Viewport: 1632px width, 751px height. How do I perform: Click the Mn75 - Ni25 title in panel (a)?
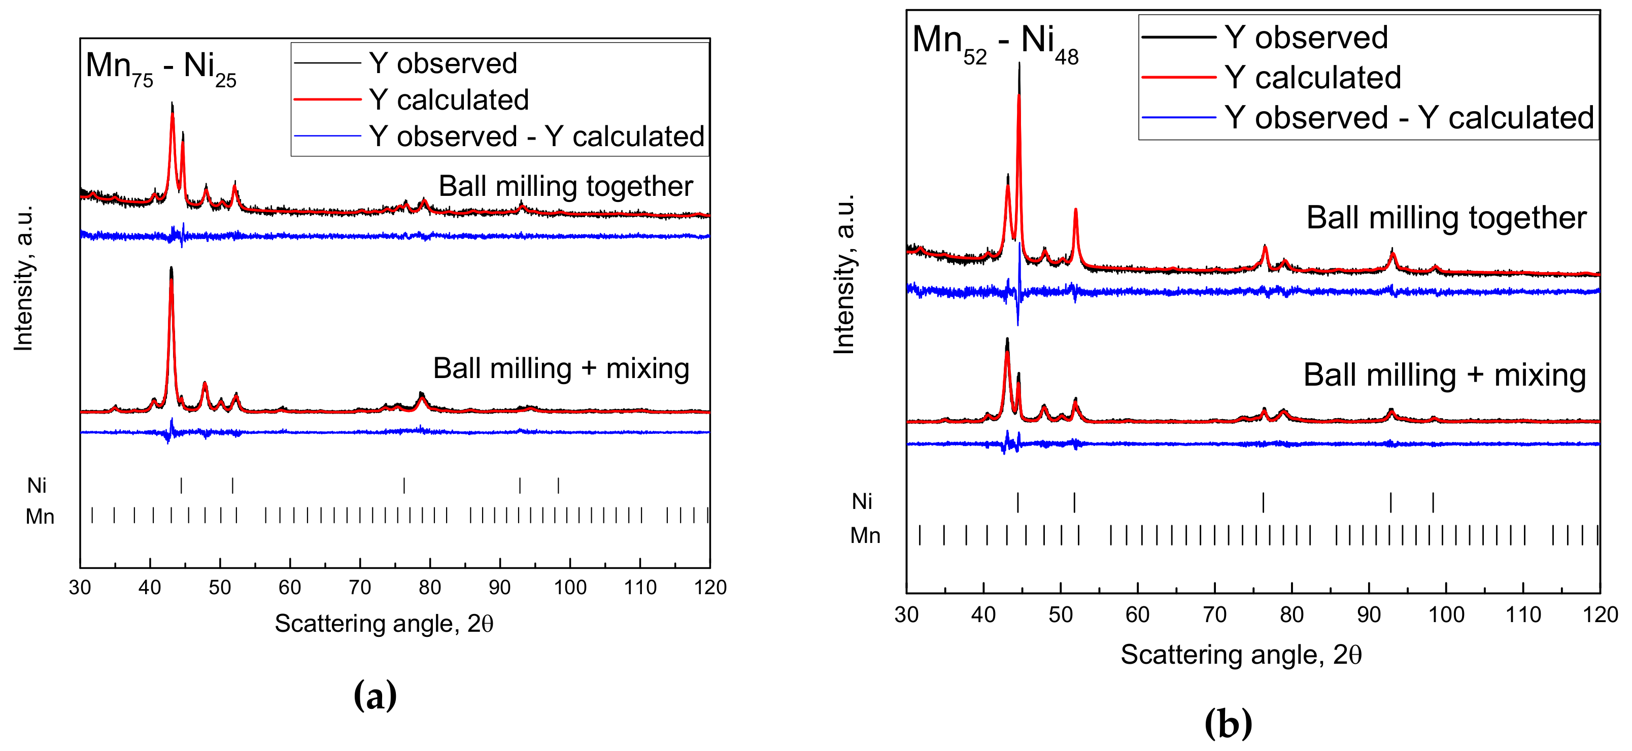click(160, 67)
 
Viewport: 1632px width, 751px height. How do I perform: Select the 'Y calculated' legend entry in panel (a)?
click(449, 100)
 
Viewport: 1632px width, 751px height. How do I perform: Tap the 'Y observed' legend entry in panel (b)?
click(1306, 38)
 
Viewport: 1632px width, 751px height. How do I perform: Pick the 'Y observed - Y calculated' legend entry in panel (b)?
click(1408, 118)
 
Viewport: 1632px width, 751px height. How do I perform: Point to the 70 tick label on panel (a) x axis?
click(360, 588)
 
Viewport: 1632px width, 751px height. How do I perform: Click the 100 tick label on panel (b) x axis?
click(1446, 615)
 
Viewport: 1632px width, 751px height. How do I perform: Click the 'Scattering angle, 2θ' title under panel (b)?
click(1240, 655)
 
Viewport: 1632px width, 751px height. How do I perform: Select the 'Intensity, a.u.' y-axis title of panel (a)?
click(24, 279)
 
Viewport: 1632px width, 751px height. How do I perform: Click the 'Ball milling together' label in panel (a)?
click(565, 186)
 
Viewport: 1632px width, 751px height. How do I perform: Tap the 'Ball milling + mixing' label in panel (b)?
click(1444, 375)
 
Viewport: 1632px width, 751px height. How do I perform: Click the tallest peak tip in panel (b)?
click(1019, 63)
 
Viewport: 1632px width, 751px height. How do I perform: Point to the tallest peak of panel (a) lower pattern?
click(171, 269)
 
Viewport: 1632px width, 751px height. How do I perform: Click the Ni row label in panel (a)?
click(37, 486)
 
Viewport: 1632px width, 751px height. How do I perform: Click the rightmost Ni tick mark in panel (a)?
click(558, 486)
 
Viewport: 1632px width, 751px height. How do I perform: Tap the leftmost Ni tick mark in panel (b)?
click(1017, 502)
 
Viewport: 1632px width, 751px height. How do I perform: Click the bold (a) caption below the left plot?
click(375, 696)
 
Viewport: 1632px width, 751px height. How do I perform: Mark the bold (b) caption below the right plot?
click(1228, 723)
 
